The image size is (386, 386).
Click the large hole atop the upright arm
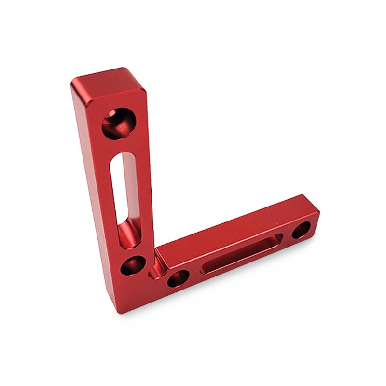pyautogui.click(x=118, y=123)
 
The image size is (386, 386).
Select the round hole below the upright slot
pyautogui.click(x=133, y=265)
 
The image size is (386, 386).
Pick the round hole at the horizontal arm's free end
pyautogui.click(x=302, y=229)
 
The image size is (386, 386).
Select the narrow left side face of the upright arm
pyautogui.click(x=92, y=193)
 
